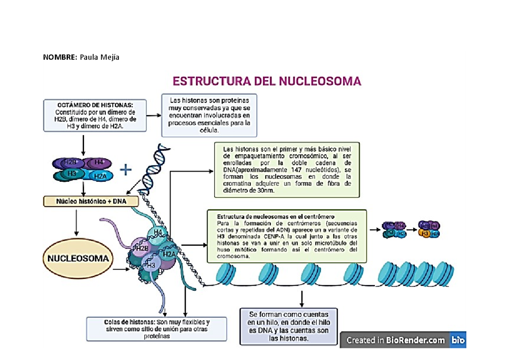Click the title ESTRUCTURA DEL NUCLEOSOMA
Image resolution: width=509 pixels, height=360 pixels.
coord(266,81)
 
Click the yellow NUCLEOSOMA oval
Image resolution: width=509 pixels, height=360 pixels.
coord(78,258)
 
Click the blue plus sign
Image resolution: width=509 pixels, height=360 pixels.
coord(126,170)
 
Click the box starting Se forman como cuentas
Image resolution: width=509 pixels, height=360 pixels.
coord(288,326)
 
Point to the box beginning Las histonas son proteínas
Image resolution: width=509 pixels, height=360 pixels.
coord(210,115)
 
